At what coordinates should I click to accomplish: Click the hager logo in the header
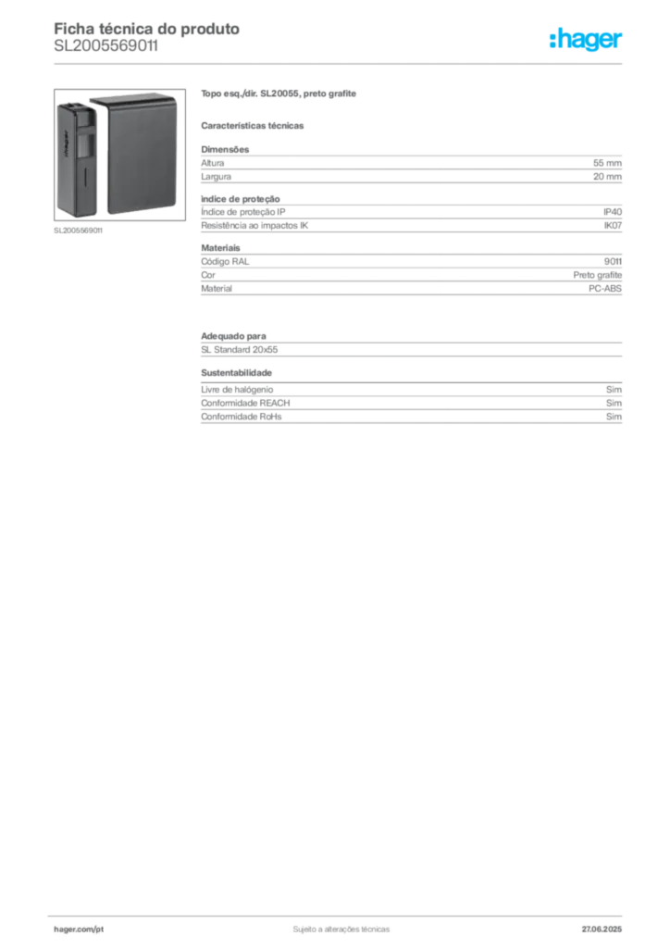point(586,40)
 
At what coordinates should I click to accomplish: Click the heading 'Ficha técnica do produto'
point(147,29)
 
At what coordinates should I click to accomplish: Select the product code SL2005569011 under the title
point(106,46)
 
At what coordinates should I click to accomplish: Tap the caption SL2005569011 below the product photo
point(78,231)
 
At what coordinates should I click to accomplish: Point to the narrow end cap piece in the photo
point(77,159)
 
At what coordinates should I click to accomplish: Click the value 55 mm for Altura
point(607,163)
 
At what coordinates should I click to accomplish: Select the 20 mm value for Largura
point(607,177)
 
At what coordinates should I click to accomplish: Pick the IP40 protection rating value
point(613,212)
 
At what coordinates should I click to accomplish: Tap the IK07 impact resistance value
point(613,226)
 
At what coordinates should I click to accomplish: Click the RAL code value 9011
point(613,262)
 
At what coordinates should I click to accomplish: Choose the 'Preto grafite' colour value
point(598,275)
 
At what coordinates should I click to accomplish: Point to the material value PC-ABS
point(604,289)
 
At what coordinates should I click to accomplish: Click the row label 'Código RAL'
point(225,262)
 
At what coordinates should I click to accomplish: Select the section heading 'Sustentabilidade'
point(236,373)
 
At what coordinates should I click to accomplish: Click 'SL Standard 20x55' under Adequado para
point(240,350)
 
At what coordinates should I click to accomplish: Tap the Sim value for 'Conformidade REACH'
point(614,404)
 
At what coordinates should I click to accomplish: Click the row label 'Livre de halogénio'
point(237,390)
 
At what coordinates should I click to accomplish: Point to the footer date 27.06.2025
point(602,929)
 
